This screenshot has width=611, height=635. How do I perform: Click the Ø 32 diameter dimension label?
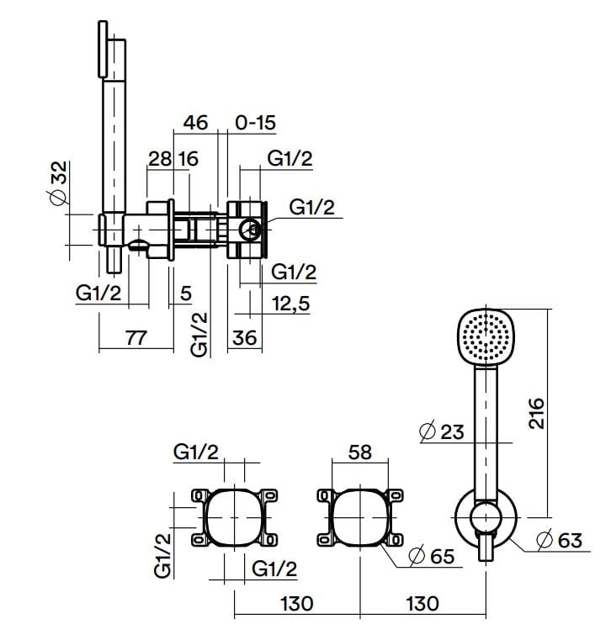[x=58, y=184]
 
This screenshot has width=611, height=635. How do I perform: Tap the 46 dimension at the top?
[x=194, y=124]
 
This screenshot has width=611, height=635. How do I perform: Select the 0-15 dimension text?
[x=255, y=124]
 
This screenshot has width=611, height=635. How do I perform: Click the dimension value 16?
[x=188, y=158]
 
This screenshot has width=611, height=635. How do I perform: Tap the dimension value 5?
[x=186, y=294]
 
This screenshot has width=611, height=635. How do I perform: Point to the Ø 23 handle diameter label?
[x=441, y=431]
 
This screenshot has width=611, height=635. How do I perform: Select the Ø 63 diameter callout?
[x=559, y=540]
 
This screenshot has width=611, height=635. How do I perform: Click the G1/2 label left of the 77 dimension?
[x=98, y=294]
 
